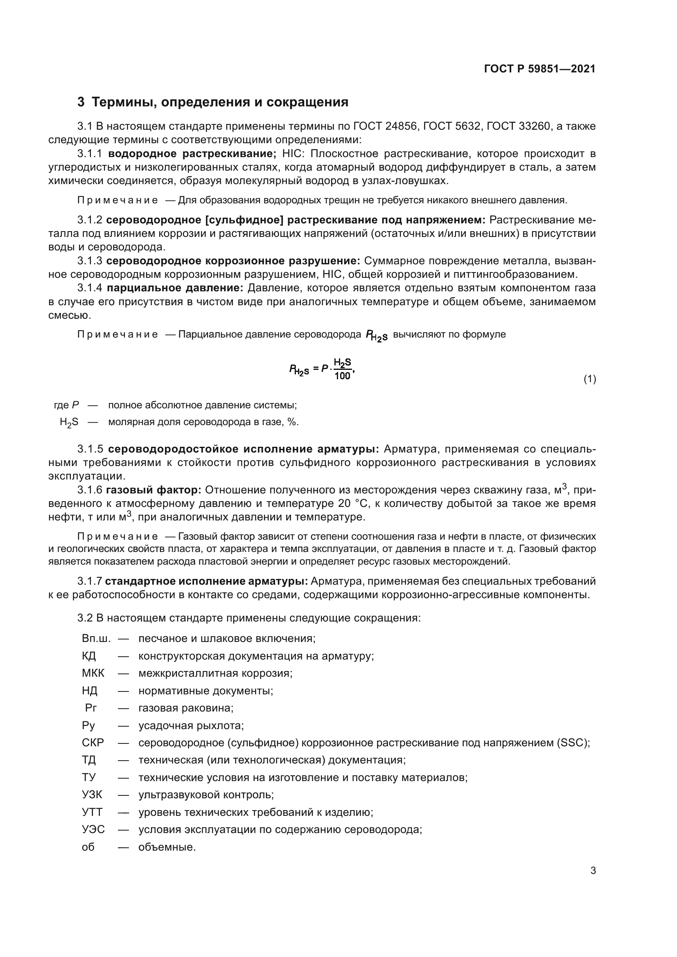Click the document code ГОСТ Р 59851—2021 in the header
pyautogui.click(x=539, y=69)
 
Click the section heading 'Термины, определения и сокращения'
pyautogui.click(x=220, y=102)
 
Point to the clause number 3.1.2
pyautogui.click(x=90, y=220)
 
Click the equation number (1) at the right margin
pyautogui.click(x=589, y=379)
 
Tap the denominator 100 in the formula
pyautogui.click(x=342, y=376)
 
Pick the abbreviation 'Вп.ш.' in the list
pyautogui.click(x=96, y=639)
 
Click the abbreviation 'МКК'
pyautogui.click(x=93, y=673)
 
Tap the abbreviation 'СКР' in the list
pyautogui.click(x=93, y=743)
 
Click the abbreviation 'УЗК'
pyautogui.click(x=92, y=795)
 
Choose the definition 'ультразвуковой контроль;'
pyautogui.click(x=206, y=795)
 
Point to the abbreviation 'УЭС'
pyautogui.click(x=93, y=829)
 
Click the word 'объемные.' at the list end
pyautogui.click(x=167, y=847)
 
